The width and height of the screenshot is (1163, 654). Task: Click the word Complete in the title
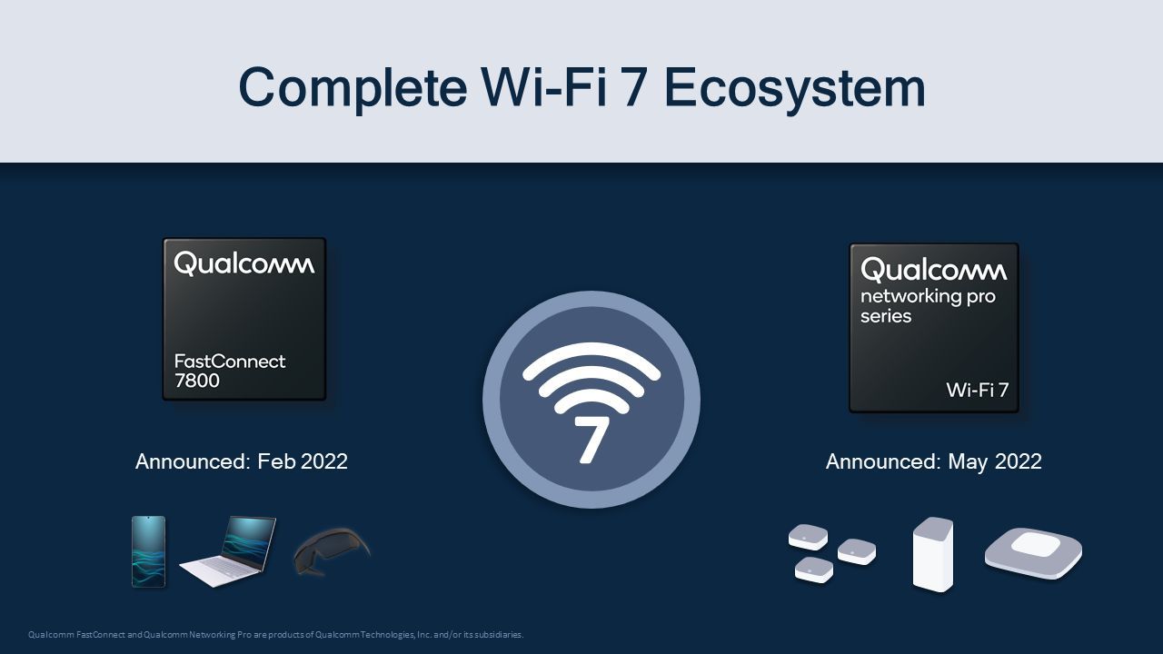pyautogui.click(x=353, y=88)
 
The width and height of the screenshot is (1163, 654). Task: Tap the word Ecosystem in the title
pyautogui.click(x=794, y=88)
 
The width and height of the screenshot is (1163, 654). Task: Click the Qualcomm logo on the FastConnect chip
pyautogui.click(x=244, y=263)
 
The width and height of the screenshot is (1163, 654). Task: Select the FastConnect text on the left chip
pyautogui.click(x=230, y=362)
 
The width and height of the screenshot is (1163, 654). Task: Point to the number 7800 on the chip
pyautogui.click(x=197, y=381)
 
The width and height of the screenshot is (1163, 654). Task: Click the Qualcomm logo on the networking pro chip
pyautogui.click(x=933, y=270)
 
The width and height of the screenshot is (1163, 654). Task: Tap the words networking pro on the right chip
pyautogui.click(x=928, y=297)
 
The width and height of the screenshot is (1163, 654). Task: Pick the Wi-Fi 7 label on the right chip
pyautogui.click(x=977, y=390)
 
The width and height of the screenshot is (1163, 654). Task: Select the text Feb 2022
pyautogui.click(x=303, y=461)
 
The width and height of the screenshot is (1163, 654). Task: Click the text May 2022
pyautogui.click(x=995, y=461)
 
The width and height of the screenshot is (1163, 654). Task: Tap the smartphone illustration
pyautogui.click(x=148, y=551)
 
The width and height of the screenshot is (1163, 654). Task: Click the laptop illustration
pyautogui.click(x=227, y=551)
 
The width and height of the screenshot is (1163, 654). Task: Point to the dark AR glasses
pyautogui.click(x=332, y=551)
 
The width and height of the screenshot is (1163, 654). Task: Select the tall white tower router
pyautogui.click(x=933, y=554)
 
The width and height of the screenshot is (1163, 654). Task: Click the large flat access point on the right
pyautogui.click(x=1033, y=553)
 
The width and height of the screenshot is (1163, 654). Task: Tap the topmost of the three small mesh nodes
pyautogui.click(x=808, y=537)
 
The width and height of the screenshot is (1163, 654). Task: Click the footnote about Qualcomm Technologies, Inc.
pyautogui.click(x=275, y=634)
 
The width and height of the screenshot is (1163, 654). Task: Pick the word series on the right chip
pyautogui.click(x=886, y=316)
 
